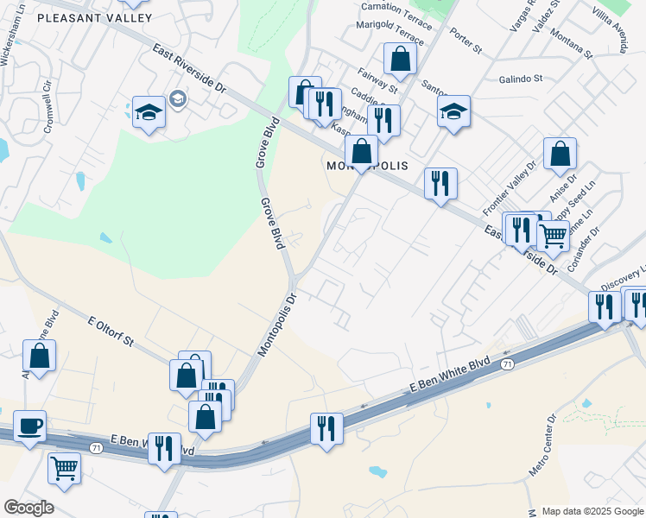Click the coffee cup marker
pyautogui.click(x=30, y=425)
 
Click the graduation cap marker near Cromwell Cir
pyautogui.click(x=149, y=111)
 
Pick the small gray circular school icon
pyautogui.click(x=178, y=98)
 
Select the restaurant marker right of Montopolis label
pyautogui.click(x=440, y=182)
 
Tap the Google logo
pyautogui.click(x=28, y=508)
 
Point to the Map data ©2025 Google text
pyautogui.click(x=592, y=511)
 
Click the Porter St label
pyautogui.click(x=465, y=44)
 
